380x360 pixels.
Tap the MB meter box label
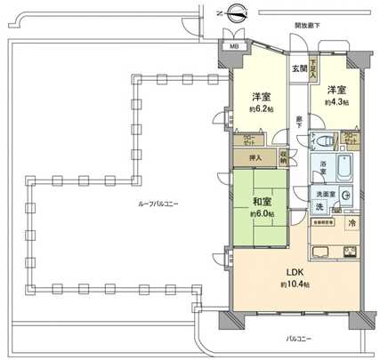234,46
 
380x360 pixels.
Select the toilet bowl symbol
326,140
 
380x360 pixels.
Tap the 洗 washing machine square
319,207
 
